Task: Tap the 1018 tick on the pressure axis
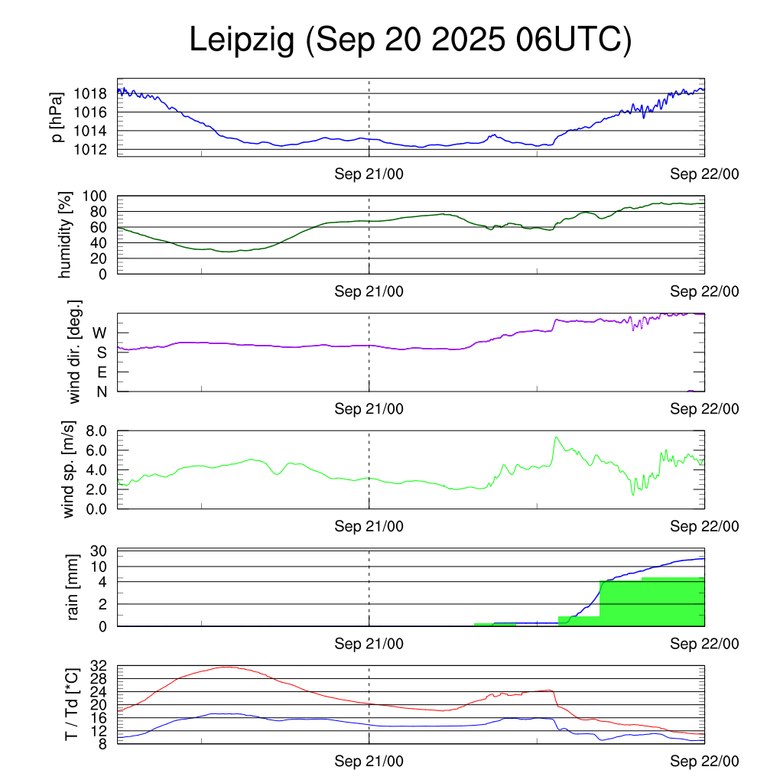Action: tap(90, 94)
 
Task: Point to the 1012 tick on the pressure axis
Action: tap(90, 149)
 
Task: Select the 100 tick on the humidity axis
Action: tap(96, 196)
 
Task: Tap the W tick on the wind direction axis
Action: tap(99, 333)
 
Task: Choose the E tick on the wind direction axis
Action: tap(102, 372)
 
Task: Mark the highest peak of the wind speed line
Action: tap(556, 437)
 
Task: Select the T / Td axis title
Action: tap(71, 703)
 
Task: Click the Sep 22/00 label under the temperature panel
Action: tap(704, 761)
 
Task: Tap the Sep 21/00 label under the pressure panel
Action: tap(369, 174)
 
